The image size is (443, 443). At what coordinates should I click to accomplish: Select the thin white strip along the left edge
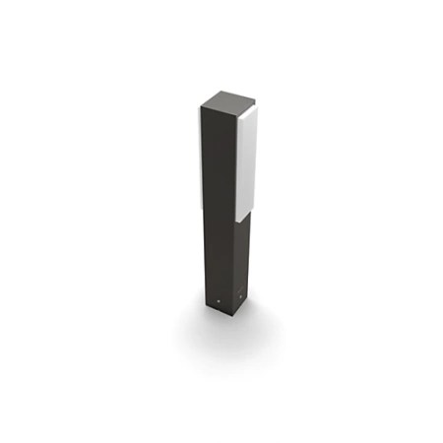(204, 158)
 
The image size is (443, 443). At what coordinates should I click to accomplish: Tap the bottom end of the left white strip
(204, 210)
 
